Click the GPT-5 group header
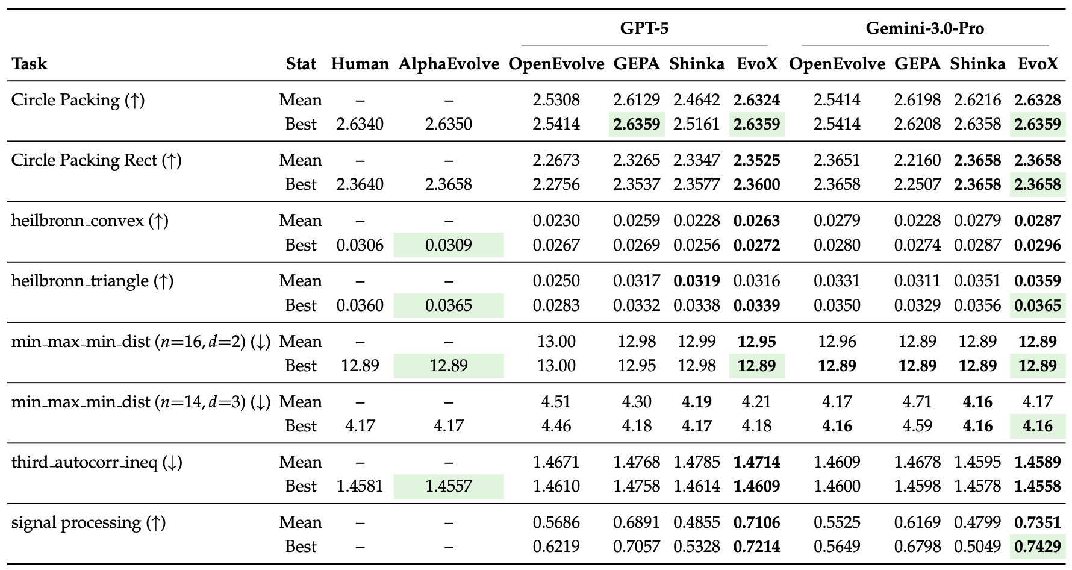[644, 28]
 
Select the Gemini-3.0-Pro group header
[924, 28]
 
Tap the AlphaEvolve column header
[449, 64]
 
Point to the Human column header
[360, 64]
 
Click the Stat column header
[301, 64]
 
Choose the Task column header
[29, 64]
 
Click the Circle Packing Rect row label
[96, 160]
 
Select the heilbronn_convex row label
[90, 221]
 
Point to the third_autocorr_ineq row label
[96, 462]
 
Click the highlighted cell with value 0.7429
[1037, 547]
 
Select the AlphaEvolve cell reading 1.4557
[449, 486]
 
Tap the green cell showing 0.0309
[449, 245]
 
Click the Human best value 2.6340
[360, 124]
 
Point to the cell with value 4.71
[917, 402]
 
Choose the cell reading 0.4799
[977, 522]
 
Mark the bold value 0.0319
[697, 281]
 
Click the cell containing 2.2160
[917, 160]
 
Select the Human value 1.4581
[360, 486]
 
